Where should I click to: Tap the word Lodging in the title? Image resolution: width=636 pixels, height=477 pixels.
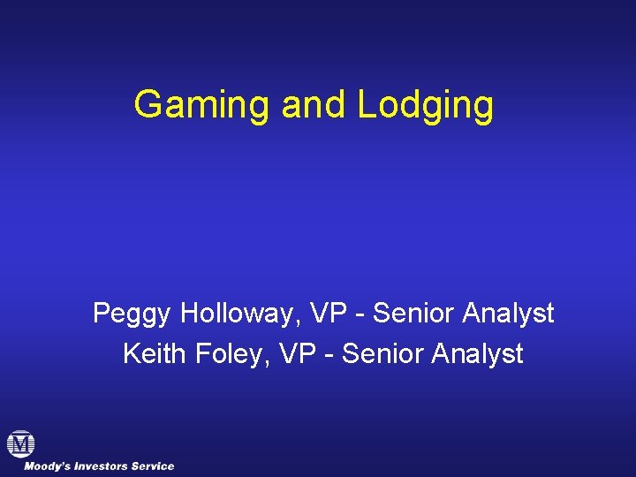pyautogui.click(x=426, y=105)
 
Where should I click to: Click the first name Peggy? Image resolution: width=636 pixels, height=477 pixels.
pyautogui.click(x=132, y=314)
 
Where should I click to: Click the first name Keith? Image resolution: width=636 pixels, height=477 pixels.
pyautogui.click(x=154, y=354)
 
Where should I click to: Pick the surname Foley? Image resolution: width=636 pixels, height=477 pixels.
pyautogui.click(x=231, y=354)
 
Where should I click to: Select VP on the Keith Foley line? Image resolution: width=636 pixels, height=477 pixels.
pyautogui.click(x=295, y=354)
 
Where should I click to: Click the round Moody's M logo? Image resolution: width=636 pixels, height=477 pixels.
pyautogui.click(x=20, y=443)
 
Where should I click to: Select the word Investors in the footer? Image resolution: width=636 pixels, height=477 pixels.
pyautogui.click(x=101, y=466)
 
